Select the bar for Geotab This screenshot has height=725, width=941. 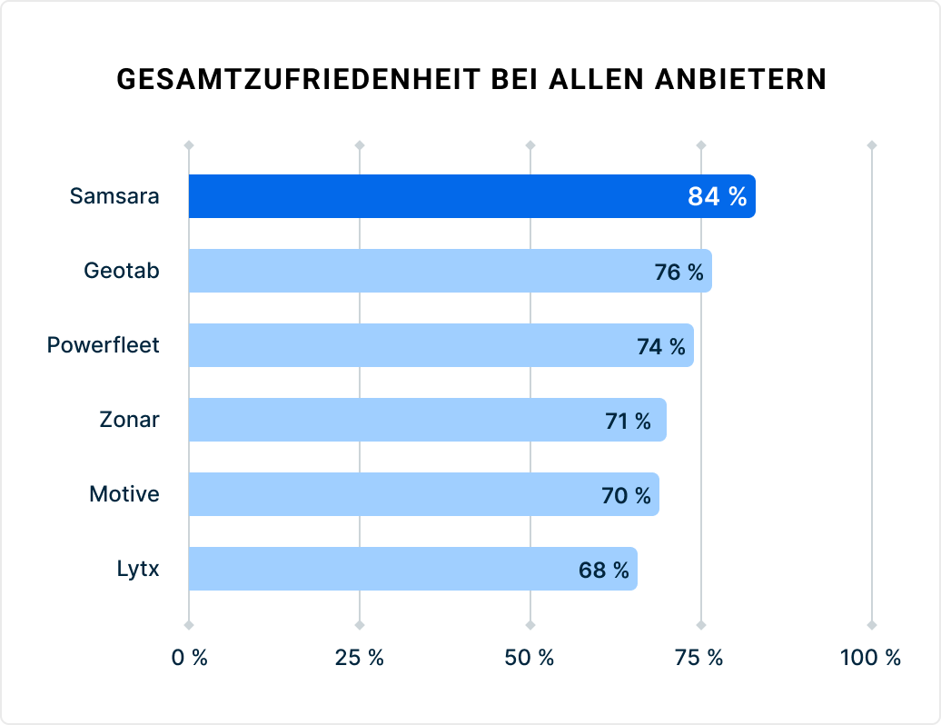click(x=409, y=271)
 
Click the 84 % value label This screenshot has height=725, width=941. click(x=717, y=196)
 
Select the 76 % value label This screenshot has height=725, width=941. click(x=679, y=272)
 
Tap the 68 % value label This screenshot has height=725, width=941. click(x=603, y=570)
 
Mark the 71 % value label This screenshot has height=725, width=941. click(x=628, y=421)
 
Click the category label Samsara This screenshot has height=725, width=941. click(x=114, y=196)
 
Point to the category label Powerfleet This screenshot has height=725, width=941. click(x=103, y=345)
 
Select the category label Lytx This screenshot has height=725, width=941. click(x=138, y=570)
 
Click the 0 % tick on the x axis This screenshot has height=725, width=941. click(x=189, y=658)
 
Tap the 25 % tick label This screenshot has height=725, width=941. click(x=360, y=658)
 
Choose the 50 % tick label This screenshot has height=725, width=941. click(x=530, y=658)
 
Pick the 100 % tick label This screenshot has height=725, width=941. click(x=870, y=658)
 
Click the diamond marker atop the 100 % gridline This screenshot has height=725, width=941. click(x=871, y=145)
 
